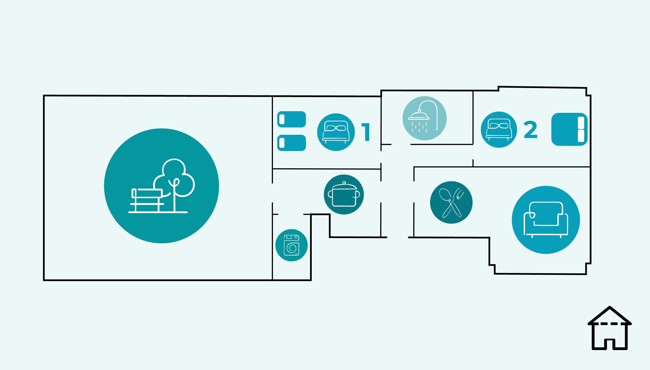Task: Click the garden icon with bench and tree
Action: click(161, 186)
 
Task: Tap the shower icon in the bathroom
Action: click(425, 118)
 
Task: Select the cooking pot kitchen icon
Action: click(344, 194)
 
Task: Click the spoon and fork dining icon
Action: click(451, 202)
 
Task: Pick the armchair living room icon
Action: click(546, 220)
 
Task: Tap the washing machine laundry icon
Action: click(291, 245)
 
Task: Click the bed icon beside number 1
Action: click(336, 132)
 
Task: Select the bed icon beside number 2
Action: click(499, 130)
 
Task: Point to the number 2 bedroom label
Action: click(530, 130)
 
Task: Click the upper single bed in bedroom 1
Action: click(291, 119)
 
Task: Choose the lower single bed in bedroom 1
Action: click(291, 143)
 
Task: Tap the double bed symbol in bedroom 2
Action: click(570, 129)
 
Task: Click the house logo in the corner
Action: click(610, 328)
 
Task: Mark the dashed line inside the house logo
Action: click(610, 324)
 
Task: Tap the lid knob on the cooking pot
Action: click(344, 183)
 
